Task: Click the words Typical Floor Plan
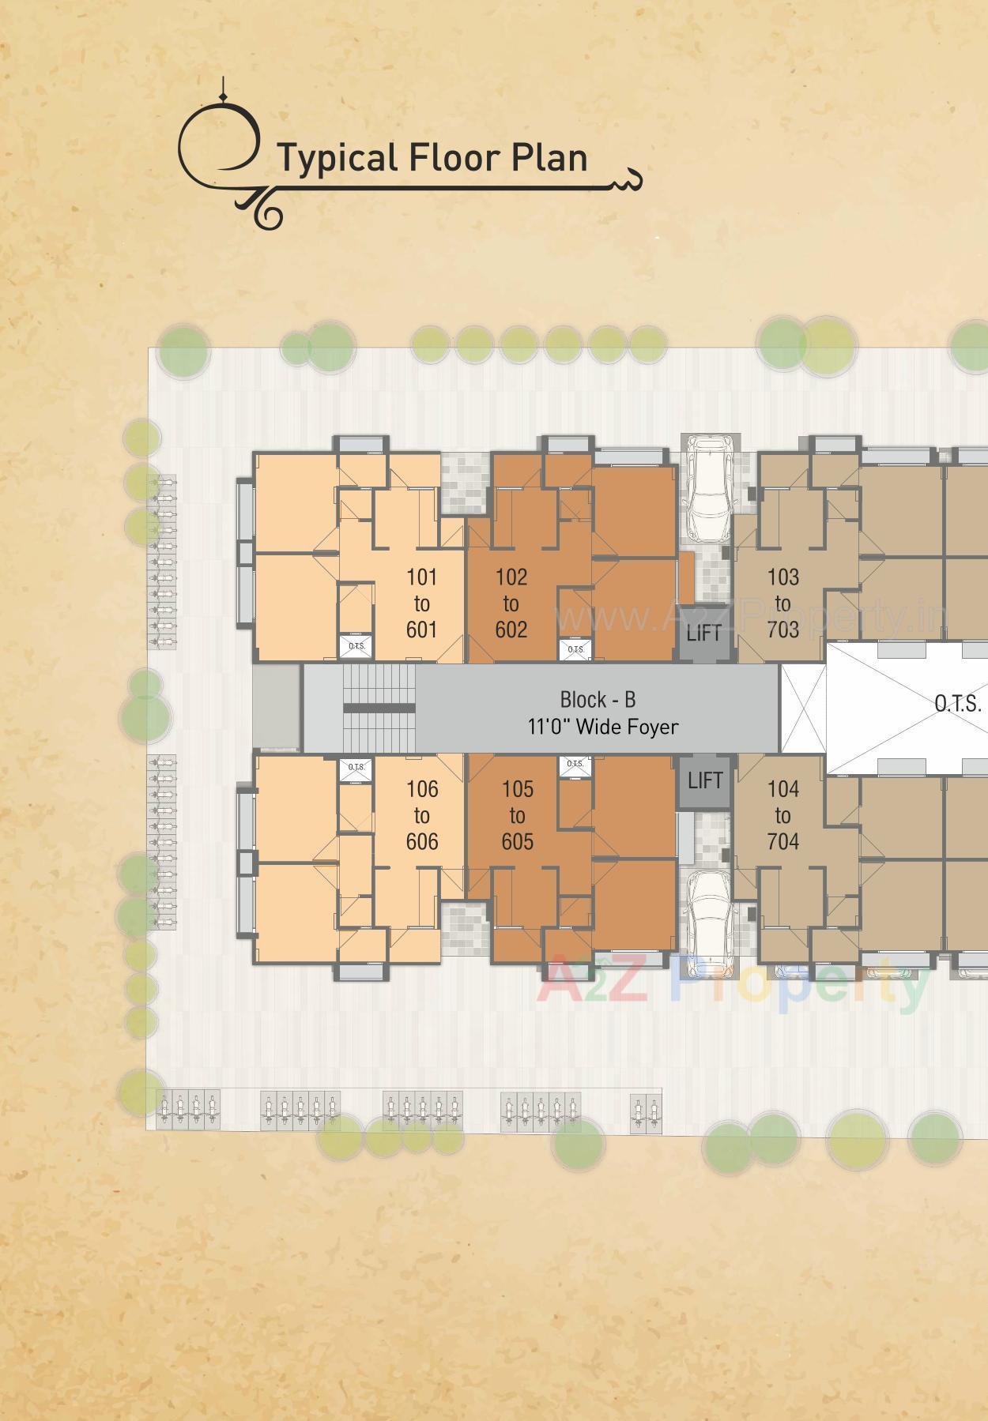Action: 432,157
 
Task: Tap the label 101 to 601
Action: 421,603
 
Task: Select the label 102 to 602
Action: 511,603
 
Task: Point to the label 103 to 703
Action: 782,603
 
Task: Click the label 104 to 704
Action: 782,815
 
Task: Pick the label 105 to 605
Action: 517,815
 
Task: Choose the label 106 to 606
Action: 421,815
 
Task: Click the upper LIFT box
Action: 703,633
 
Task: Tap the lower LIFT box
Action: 704,781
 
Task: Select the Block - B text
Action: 598,700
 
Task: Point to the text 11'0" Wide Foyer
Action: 602,727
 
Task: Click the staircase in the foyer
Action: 379,708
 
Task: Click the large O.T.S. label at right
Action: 957,704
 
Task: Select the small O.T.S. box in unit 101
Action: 356,647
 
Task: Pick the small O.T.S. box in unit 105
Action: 575,765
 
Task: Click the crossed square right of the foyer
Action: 803,708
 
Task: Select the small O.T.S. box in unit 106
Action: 356,768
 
